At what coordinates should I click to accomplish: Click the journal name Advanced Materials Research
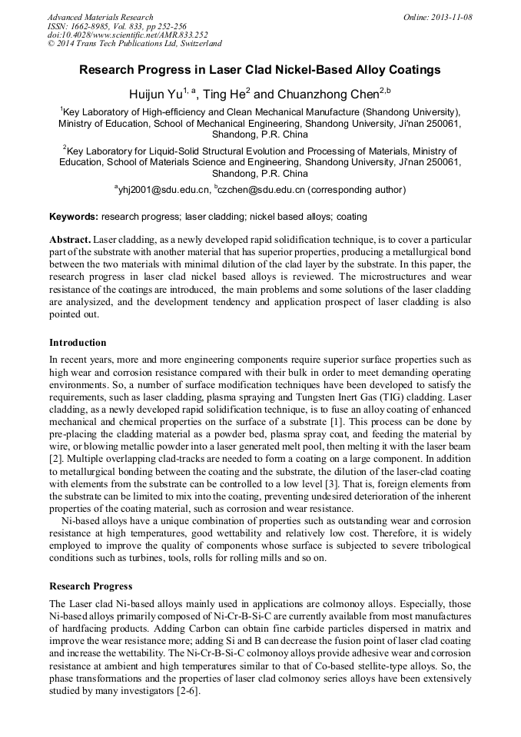click(100, 17)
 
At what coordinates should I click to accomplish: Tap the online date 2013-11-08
click(450, 17)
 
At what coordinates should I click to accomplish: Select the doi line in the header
click(128, 35)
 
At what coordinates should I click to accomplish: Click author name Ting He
click(224, 94)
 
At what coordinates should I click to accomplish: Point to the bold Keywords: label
click(74, 217)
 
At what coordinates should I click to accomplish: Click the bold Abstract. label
click(70, 240)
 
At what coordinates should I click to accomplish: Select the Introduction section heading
click(78, 343)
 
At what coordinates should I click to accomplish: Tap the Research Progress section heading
click(91, 586)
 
